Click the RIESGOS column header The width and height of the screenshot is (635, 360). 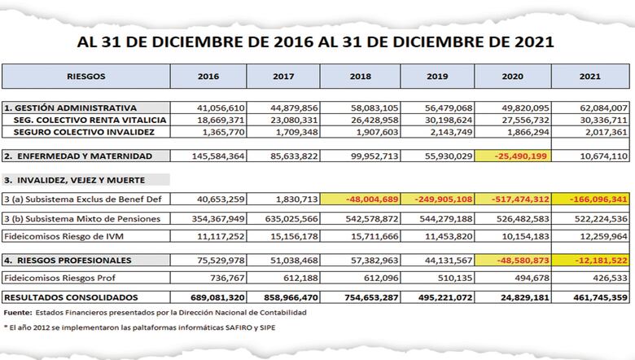click(x=85, y=76)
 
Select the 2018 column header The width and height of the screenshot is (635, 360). click(x=361, y=76)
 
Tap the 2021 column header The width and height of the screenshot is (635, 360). click(x=589, y=76)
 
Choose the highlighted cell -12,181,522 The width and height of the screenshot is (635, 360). click(x=590, y=261)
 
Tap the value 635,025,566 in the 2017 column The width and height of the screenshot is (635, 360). click(x=284, y=218)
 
